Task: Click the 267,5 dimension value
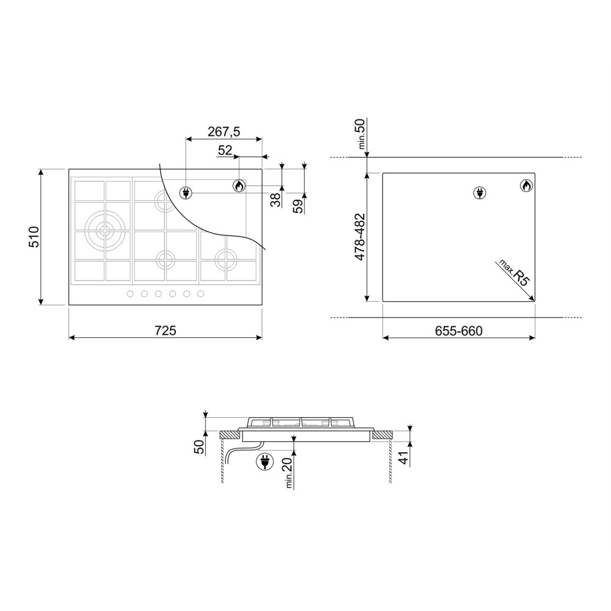tap(224, 131)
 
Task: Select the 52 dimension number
tap(225, 150)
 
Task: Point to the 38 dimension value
tap(276, 199)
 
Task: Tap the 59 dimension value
tap(298, 205)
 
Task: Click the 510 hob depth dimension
tap(34, 236)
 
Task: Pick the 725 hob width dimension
tap(165, 331)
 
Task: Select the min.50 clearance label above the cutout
tap(361, 135)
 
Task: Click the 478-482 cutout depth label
tap(360, 237)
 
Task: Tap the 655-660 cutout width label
tap(459, 331)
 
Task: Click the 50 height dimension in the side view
tap(199, 447)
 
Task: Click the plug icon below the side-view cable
tap(266, 463)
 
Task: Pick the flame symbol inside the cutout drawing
tap(525, 186)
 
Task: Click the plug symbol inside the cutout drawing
tap(479, 194)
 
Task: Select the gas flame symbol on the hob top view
tap(239, 186)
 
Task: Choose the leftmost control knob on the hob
tap(130, 295)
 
